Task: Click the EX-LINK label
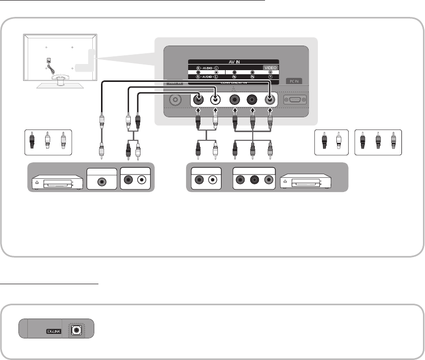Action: [55, 331]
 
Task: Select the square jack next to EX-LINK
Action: [76, 330]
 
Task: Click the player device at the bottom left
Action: [55, 182]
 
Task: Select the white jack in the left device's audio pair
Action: [141, 181]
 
